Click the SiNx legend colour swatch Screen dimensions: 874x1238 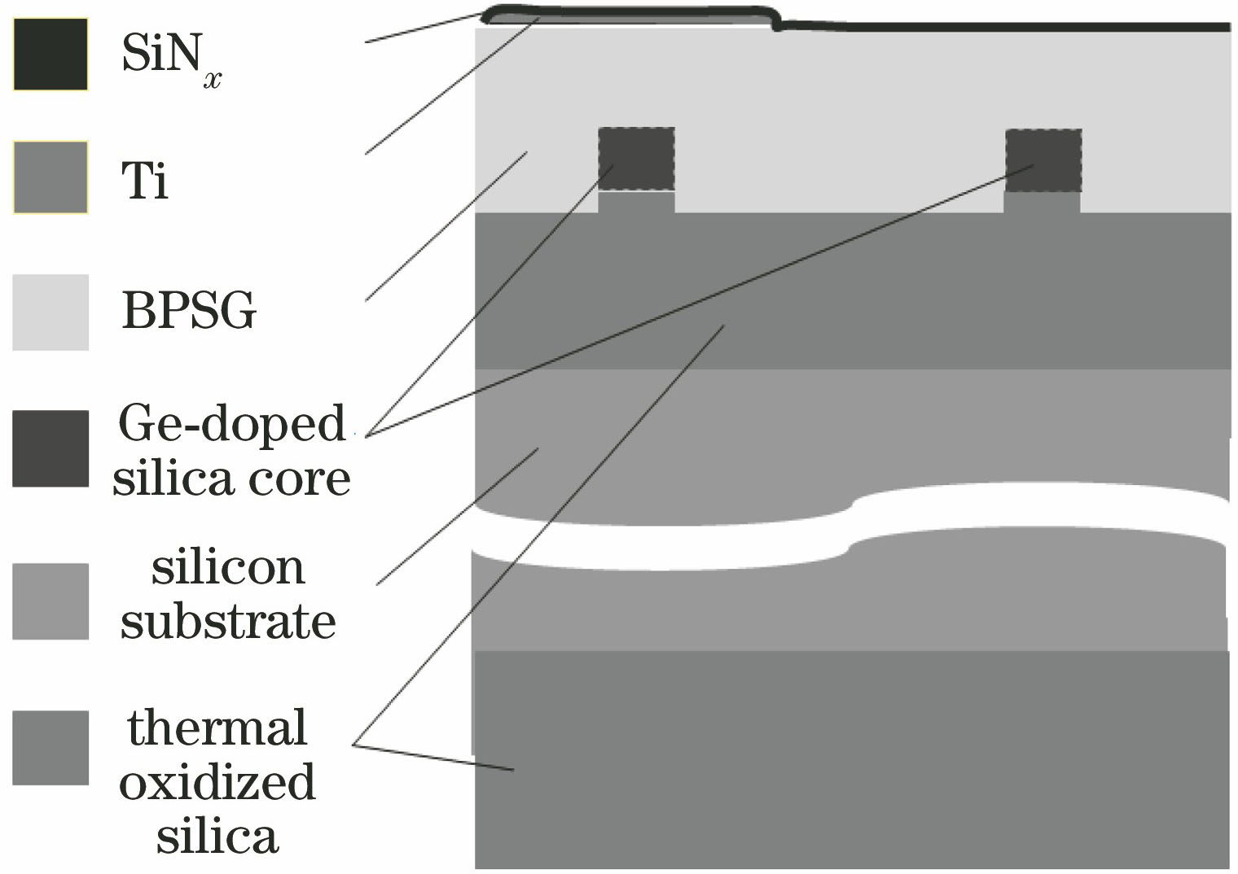(50, 55)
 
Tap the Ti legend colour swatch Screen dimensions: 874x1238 (50, 177)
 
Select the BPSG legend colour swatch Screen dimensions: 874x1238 (50, 312)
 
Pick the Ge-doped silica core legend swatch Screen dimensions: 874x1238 (50, 448)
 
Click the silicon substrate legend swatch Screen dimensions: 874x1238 (50, 601)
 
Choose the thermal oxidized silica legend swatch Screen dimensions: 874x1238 (50, 748)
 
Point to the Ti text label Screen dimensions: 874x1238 (145, 180)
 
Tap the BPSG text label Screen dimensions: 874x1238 (189, 311)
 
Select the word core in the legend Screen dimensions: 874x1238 (310, 479)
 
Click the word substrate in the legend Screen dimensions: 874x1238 (228, 623)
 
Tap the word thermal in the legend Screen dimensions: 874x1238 (217, 728)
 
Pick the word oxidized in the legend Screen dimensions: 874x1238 (217, 782)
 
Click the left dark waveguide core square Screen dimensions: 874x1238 (636, 159)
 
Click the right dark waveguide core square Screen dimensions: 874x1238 (1043, 160)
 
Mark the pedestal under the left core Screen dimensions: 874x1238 (636, 202)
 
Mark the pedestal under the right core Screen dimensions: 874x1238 (1042, 202)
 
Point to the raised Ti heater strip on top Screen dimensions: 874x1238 (631, 17)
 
